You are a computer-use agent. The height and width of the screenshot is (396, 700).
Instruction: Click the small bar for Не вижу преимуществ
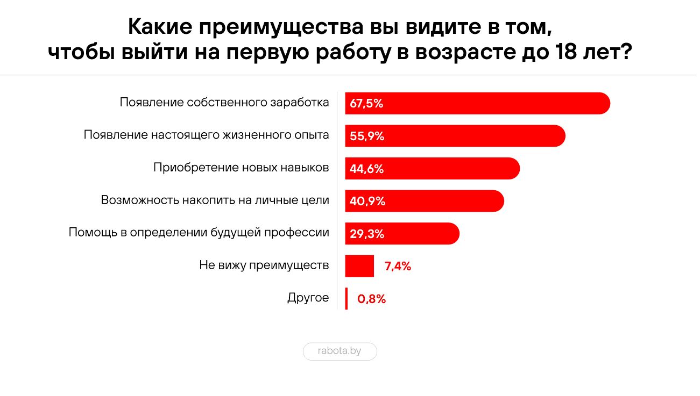point(359,266)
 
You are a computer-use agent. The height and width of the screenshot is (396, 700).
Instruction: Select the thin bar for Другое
point(347,299)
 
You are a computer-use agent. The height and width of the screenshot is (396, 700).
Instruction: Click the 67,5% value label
point(366,104)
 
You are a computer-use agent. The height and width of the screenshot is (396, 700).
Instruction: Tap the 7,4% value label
point(398,266)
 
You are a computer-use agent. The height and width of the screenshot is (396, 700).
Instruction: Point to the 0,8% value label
point(372,299)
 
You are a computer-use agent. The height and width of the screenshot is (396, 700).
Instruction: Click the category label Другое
point(308,298)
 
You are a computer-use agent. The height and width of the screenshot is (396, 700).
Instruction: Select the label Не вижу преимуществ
point(264,265)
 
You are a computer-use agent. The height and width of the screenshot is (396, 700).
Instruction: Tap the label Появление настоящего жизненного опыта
point(206,135)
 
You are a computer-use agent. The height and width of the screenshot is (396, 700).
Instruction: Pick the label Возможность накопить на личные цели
point(215,200)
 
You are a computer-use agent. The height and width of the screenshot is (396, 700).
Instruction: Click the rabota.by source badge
point(340,351)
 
